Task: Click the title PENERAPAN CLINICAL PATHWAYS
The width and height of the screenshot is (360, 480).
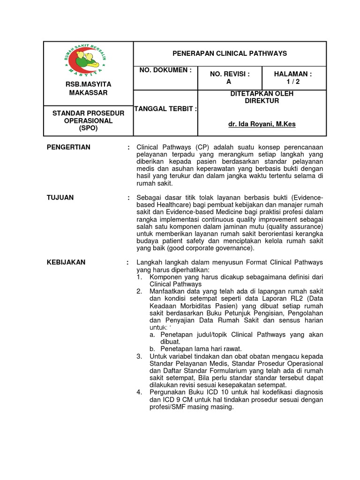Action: click(x=230, y=53)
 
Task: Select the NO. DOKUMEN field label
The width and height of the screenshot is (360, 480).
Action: click(x=165, y=70)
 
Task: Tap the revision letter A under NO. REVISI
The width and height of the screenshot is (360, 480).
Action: click(x=229, y=82)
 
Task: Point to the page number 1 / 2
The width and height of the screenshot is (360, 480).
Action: click(x=293, y=82)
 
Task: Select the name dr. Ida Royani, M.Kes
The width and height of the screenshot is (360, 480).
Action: click(x=262, y=124)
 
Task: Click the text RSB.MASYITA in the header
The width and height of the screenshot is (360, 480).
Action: click(x=89, y=84)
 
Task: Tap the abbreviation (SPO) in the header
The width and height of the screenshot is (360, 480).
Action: click(x=89, y=128)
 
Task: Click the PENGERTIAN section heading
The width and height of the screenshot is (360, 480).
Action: click(x=68, y=147)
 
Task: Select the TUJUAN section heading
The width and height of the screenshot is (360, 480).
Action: click(x=60, y=197)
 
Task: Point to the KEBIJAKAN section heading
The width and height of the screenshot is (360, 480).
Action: click(x=66, y=262)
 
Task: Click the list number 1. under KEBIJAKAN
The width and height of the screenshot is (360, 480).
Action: click(x=139, y=277)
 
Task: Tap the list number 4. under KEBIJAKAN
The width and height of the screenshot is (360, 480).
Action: click(x=139, y=392)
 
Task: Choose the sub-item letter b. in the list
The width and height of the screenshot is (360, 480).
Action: click(x=152, y=349)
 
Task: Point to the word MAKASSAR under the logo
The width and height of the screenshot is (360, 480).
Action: click(x=89, y=93)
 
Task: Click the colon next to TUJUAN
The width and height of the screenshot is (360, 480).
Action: click(x=128, y=197)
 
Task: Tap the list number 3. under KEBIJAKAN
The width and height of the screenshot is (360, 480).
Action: click(x=139, y=356)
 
